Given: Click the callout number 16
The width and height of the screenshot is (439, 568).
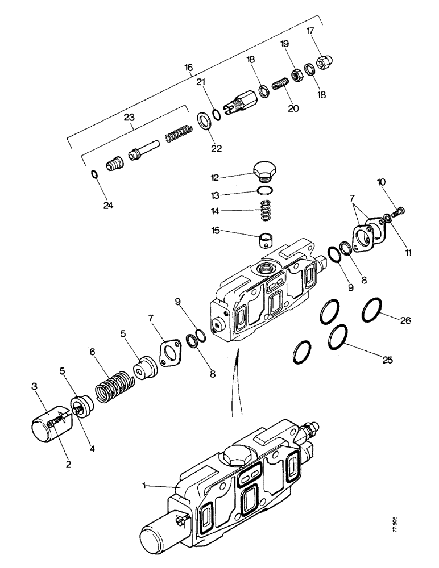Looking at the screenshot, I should coord(189,67).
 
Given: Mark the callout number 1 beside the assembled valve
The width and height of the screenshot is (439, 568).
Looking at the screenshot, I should coord(146,486).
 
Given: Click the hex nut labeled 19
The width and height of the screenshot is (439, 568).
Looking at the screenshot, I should coord(296,74).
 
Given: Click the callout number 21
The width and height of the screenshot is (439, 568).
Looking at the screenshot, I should coord(201,83).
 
